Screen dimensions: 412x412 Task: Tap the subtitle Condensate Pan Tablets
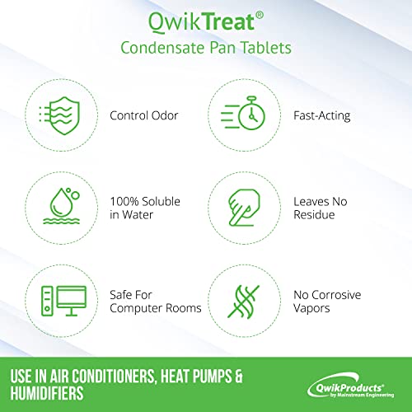coord(206,48)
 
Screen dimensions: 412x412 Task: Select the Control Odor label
coord(144,116)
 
